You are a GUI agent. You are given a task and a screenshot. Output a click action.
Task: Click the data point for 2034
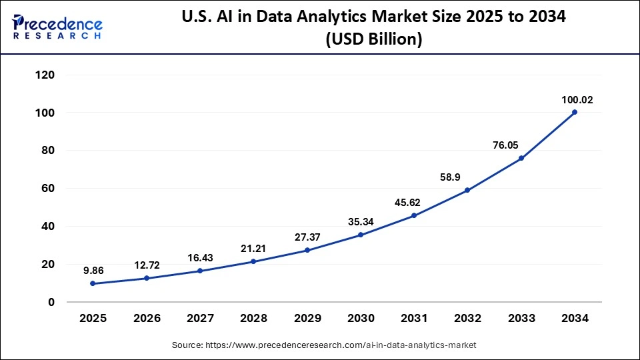575,112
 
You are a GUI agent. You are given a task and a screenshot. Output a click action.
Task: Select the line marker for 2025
93,283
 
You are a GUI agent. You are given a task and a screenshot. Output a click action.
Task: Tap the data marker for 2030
361,235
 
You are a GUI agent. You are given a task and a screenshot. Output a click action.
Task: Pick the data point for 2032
467,190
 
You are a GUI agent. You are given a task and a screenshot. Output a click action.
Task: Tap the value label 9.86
93,271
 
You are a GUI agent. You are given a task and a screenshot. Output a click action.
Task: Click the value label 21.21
253,249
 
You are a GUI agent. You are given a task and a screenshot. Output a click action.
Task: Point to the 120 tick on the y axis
45,75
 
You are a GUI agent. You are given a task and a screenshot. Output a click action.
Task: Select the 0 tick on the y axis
51,302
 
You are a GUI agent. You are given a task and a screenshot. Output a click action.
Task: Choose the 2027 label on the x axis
200,319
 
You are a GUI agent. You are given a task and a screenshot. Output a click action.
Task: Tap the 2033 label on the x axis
521,319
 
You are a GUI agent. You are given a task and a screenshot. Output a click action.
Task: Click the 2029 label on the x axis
307,319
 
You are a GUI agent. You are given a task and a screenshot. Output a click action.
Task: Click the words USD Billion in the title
373,39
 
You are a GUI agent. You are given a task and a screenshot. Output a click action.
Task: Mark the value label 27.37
307,237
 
